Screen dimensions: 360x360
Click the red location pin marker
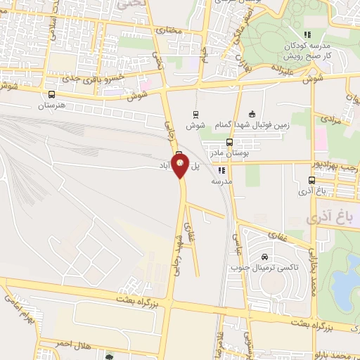[x=181, y=165]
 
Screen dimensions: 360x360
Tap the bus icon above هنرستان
[x=51, y=94]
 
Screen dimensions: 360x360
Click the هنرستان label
[x=51, y=105]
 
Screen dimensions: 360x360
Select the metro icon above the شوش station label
[x=195, y=114]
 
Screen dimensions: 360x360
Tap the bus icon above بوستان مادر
[x=229, y=141]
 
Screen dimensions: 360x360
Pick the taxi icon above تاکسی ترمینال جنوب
[x=264, y=257]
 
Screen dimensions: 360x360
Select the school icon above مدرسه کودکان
[x=307, y=34]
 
